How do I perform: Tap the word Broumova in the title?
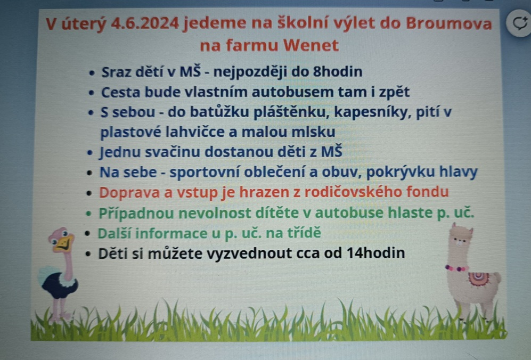448,23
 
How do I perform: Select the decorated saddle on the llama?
478,279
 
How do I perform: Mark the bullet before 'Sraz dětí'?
92,73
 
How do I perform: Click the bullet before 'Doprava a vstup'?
89,193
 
